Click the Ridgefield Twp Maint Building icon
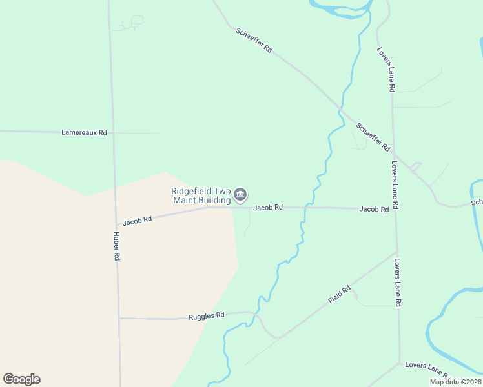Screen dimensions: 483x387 pos(240,193)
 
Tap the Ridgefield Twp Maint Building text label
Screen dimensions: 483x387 pos(200,195)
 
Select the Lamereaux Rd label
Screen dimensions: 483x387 pos(84,132)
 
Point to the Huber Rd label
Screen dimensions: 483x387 pos(117,246)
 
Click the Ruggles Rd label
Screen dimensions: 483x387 pos(206,316)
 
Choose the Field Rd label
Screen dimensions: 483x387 pos(339,294)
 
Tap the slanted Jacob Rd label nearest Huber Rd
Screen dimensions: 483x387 pos(137,220)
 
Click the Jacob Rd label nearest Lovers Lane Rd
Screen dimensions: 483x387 pos(375,209)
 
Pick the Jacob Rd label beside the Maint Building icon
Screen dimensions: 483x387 pos(267,208)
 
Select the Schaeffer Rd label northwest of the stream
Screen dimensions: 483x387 pos(254,40)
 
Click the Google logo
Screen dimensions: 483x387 pos(21,379)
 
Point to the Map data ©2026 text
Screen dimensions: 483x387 pos(454,382)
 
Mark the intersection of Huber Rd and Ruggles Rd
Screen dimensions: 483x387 pos(119,318)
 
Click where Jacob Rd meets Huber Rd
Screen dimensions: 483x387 pos(116,224)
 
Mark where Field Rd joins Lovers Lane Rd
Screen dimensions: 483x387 pos(396,252)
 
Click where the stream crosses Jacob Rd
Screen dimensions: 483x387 pos(305,208)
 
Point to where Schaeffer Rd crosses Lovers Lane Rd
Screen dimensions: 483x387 pos(394,155)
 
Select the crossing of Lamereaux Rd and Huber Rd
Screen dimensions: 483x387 pos(112,132)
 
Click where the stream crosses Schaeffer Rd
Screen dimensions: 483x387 pos(340,108)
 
